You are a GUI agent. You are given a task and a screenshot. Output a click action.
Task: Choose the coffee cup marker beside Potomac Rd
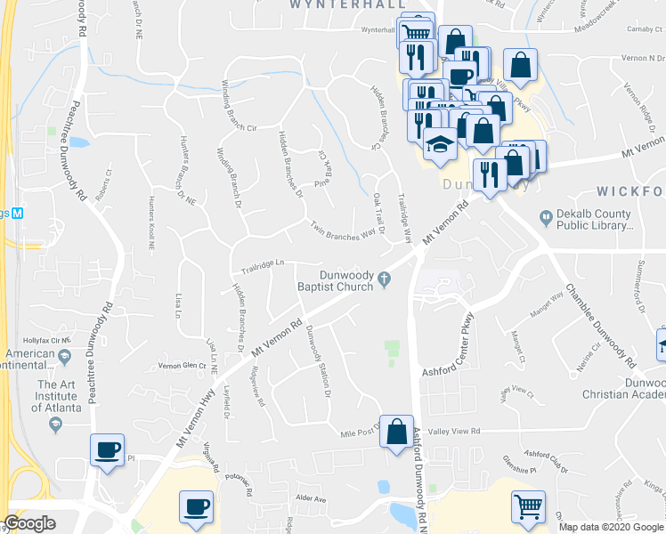[197, 508]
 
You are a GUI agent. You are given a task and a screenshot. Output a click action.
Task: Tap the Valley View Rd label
[455, 431]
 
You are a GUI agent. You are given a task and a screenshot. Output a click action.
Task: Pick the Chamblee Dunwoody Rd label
[600, 327]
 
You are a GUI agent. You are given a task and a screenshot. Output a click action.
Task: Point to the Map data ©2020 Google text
[610, 527]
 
